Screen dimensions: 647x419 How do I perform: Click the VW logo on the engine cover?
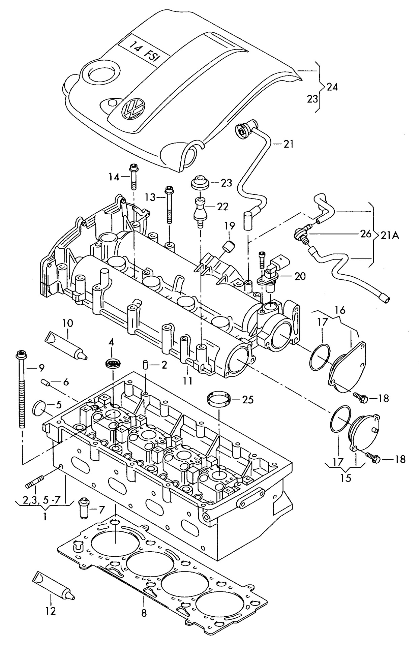[x=134, y=107]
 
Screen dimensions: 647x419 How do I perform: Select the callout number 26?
[x=365, y=234]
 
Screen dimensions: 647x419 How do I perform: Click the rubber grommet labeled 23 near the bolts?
[x=200, y=182]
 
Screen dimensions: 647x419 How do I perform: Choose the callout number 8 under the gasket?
[x=144, y=613]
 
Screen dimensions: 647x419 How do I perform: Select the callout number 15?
[x=346, y=477]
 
